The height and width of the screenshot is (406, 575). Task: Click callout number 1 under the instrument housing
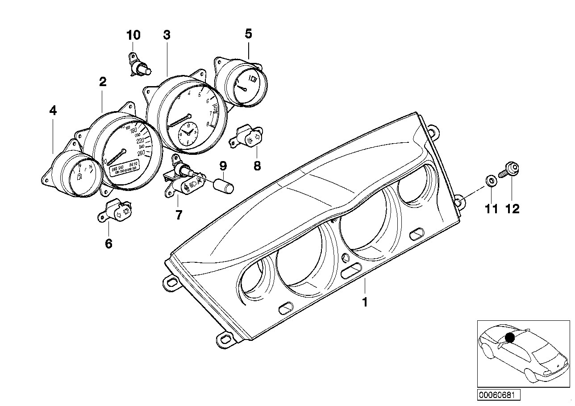click(x=365, y=302)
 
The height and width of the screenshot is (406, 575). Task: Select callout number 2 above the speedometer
click(x=103, y=82)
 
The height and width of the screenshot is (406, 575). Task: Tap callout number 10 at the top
click(x=133, y=35)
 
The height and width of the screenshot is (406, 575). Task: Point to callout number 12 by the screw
click(x=512, y=208)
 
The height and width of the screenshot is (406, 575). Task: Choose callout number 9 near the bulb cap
click(x=223, y=166)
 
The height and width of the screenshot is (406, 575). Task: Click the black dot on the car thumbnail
click(x=510, y=338)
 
